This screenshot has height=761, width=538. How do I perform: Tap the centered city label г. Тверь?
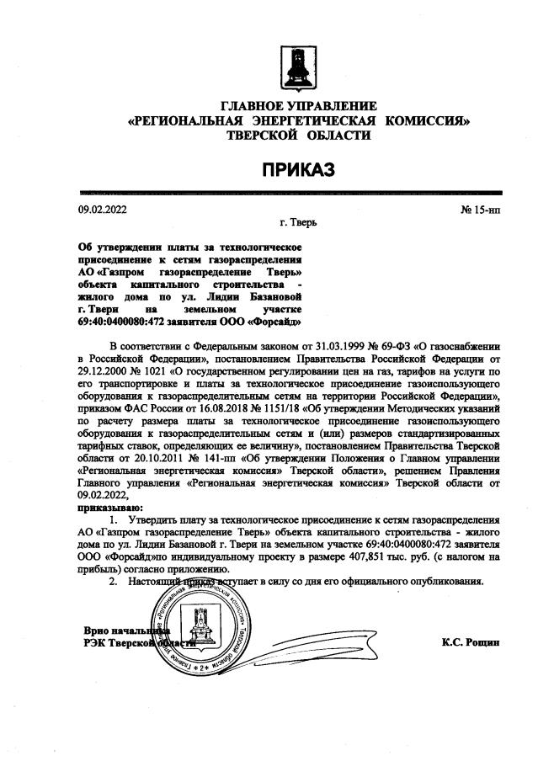[298, 224]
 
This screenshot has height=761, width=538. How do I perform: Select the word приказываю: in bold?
[110, 508]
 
